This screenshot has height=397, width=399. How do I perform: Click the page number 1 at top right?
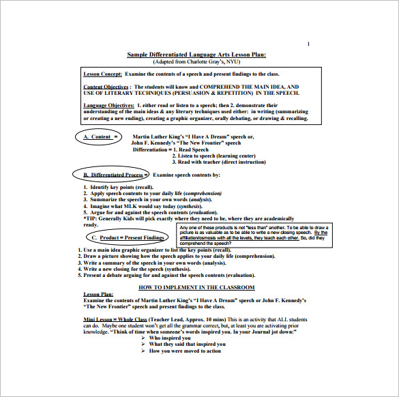click(x=308, y=44)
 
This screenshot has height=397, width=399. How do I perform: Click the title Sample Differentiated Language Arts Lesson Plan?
click(x=196, y=55)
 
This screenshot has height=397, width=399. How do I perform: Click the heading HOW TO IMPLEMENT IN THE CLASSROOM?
click(x=196, y=287)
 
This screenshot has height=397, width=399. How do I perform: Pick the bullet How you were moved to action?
click(x=185, y=351)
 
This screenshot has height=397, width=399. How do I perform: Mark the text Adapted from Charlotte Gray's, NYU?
click(x=196, y=61)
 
